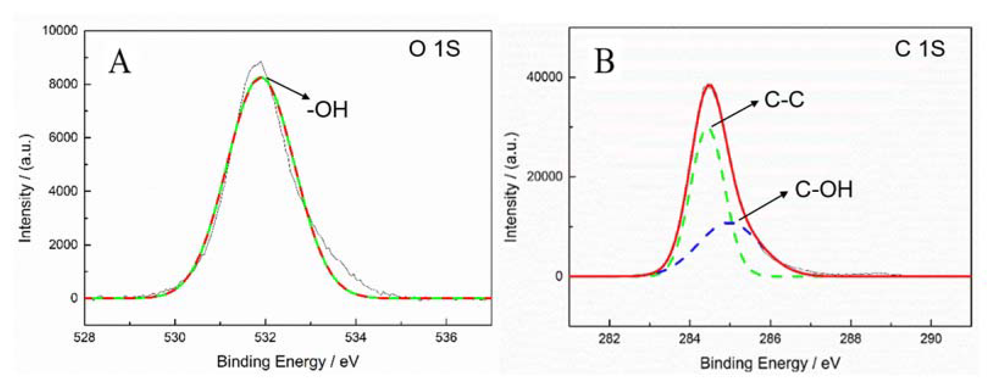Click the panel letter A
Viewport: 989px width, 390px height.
pyautogui.click(x=120, y=63)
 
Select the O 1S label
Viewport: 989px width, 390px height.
pyautogui.click(x=434, y=49)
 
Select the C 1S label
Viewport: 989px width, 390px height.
pyautogui.click(x=919, y=49)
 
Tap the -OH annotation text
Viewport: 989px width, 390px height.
pyautogui.click(x=327, y=110)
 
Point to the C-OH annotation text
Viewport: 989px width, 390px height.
pyautogui.click(x=823, y=189)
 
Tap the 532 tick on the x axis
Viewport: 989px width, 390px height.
pyautogui.click(x=265, y=338)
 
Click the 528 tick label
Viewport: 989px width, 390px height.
pyautogui.click(x=84, y=338)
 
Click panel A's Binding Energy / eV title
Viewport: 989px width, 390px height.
pyautogui.click(x=288, y=362)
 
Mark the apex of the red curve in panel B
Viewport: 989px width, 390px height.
pyautogui.click(x=709, y=85)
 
